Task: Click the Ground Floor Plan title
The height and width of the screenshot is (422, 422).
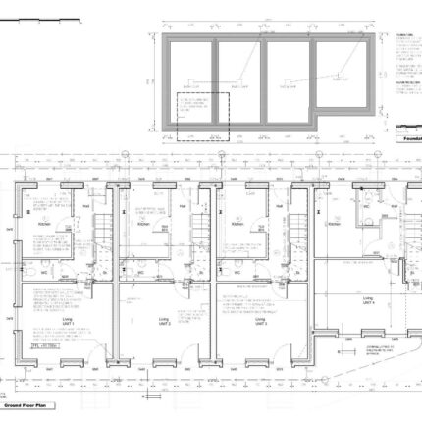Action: [x=25, y=404]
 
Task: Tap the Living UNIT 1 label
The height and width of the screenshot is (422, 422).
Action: [x=66, y=321]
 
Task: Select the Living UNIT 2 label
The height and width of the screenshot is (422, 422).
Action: [x=162, y=321]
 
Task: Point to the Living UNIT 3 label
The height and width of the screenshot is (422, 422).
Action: [x=260, y=321]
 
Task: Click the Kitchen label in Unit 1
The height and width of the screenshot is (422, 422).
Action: [x=45, y=225]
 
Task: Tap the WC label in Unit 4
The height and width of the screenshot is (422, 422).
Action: [x=365, y=208]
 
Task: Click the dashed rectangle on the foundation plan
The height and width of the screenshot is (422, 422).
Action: [x=201, y=117]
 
